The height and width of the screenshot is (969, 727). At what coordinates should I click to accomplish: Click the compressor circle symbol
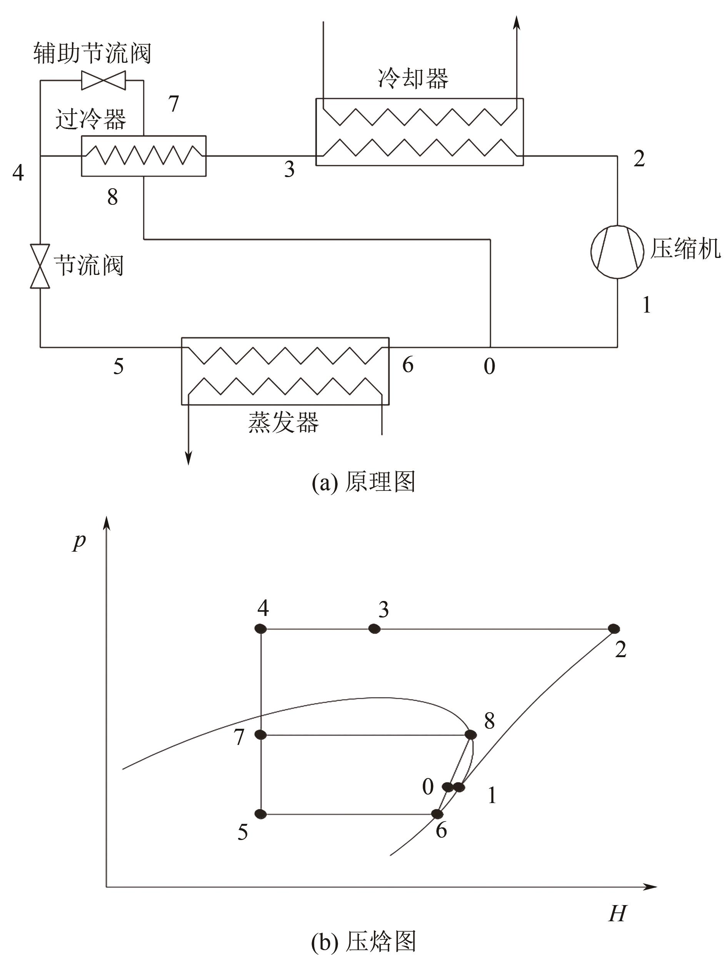click(617, 251)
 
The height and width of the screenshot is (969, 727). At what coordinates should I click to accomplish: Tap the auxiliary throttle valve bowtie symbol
click(103, 80)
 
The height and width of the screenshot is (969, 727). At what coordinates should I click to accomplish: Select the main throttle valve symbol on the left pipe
click(40, 266)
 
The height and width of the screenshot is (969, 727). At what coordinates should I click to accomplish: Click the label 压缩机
click(685, 249)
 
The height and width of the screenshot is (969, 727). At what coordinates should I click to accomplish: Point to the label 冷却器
click(413, 79)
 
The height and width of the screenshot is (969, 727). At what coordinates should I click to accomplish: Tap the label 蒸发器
click(283, 422)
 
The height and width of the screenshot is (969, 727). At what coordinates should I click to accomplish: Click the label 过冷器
click(91, 119)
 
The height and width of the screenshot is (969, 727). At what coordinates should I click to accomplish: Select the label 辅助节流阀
click(92, 54)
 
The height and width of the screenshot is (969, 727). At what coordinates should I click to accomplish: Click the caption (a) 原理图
click(363, 482)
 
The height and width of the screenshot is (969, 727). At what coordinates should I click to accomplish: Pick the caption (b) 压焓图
click(363, 941)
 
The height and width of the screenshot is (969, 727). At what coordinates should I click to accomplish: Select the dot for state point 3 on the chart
click(374, 629)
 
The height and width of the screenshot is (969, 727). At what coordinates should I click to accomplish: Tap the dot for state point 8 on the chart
click(470, 735)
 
